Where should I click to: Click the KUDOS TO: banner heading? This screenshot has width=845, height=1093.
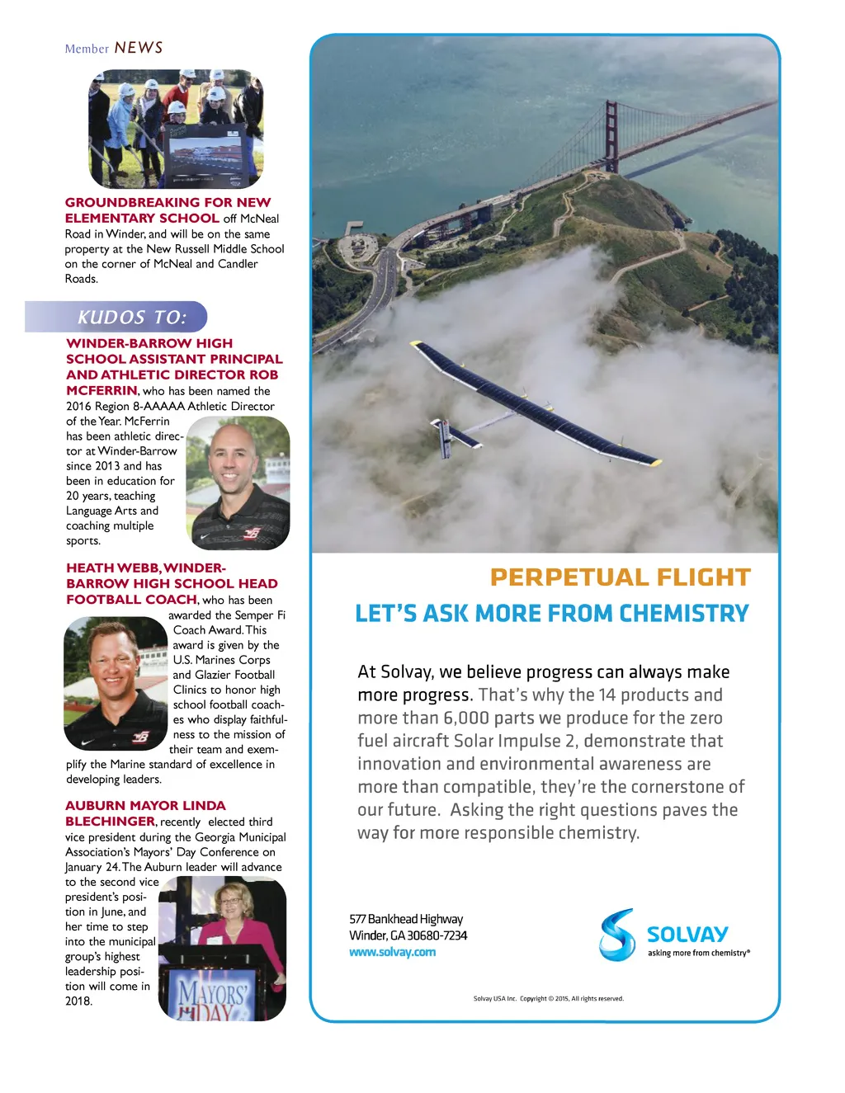click(x=132, y=317)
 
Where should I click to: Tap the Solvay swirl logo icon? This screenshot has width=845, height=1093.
click(x=617, y=935)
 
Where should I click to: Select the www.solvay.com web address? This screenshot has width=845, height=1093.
click(x=392, y=952)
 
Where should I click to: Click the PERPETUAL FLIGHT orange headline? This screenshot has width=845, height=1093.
click(x=620, y=577)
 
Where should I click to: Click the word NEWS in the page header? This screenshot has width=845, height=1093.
click(x=139, y=48)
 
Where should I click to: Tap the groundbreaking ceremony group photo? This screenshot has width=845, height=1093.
click(x=176, y=128)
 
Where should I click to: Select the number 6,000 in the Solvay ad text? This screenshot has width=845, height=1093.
click(x=466, y=718)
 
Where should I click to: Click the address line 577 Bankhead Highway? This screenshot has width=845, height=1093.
click(x=406, y=919)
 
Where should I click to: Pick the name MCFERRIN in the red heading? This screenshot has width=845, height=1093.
click(x=101, y=391)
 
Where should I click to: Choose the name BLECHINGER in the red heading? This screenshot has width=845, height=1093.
click(x=111, y=822)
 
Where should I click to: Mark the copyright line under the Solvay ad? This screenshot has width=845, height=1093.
click(x=548, y=998)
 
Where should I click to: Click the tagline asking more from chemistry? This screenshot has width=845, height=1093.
click(x=698, y=953)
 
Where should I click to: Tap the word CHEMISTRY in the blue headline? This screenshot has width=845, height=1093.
click(x=684, y=614)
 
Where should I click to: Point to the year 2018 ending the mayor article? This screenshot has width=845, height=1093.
click(x=79, y=1001)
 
